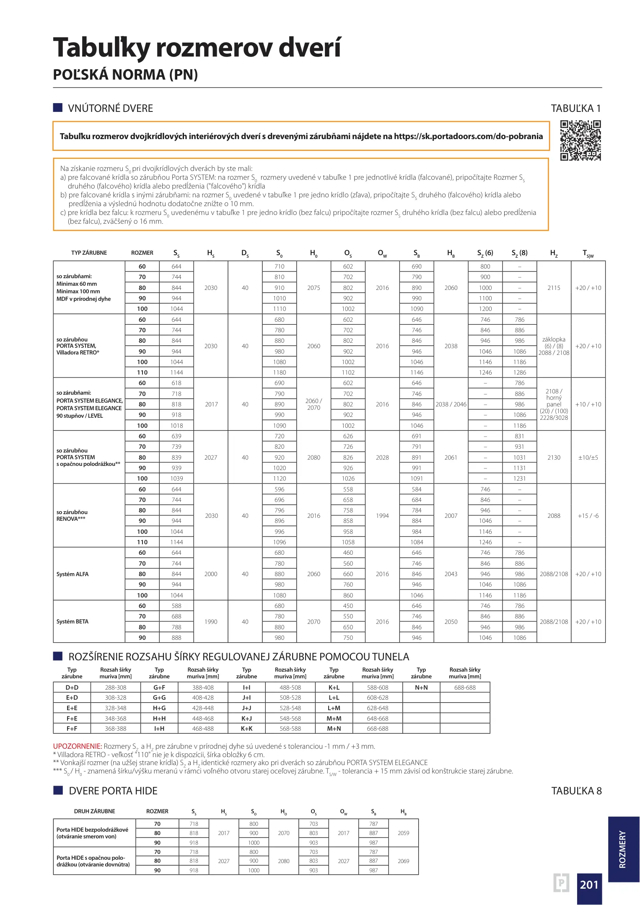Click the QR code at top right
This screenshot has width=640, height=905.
click(580, 140)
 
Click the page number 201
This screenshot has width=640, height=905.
click(589, 884)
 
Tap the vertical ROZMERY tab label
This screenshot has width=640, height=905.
click(623, 849)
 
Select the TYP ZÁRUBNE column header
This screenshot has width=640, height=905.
click(89, 253)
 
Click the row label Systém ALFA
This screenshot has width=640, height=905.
click(73, 574)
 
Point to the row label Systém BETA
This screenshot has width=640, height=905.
click(73, 621)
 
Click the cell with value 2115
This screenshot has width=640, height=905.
click(554, 288)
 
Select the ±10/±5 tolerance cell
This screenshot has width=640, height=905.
click(588, 458)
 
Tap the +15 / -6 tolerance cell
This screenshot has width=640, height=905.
click(588, 516)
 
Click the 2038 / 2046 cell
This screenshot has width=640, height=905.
click(451, 404)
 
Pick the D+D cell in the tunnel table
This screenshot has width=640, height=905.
click(72, 688)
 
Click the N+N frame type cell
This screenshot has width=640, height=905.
click(421, 688)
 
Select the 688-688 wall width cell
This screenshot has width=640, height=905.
click(465, 688)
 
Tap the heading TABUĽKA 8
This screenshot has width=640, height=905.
click(576, 791)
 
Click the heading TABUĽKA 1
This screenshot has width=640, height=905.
click(576, 109)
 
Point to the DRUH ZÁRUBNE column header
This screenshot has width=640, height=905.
click(94, 812)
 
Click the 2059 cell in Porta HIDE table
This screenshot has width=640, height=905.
click(403, 833)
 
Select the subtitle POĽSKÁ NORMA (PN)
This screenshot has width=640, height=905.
click(125, 75)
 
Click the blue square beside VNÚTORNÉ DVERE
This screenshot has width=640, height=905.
click(58, 108)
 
